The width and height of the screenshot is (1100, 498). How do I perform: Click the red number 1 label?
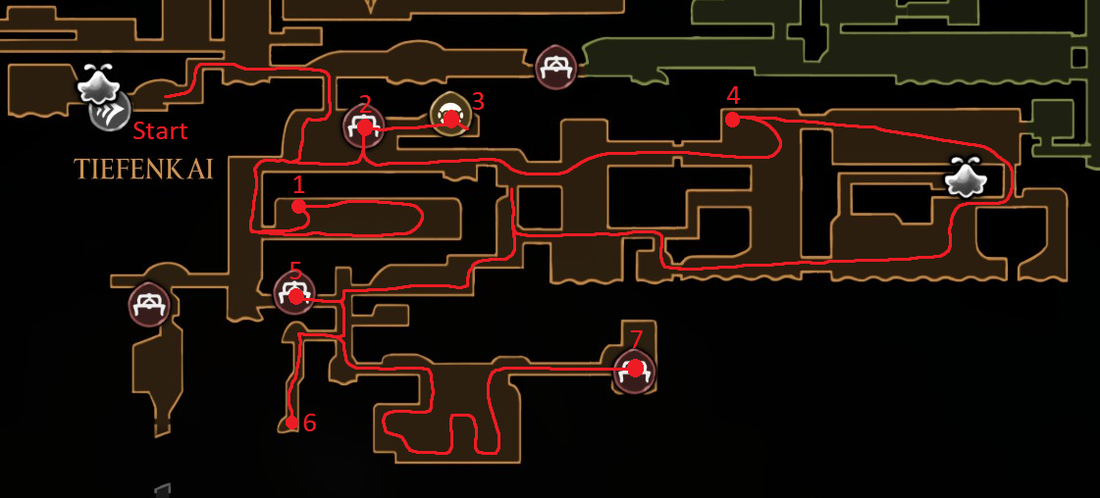point(299,185)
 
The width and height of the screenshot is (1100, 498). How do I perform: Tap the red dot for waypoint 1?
point(299,206)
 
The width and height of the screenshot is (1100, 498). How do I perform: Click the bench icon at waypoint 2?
point(364,127)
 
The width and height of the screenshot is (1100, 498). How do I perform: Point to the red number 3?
point(478,102)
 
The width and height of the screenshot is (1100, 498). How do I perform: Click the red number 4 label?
point(734,95)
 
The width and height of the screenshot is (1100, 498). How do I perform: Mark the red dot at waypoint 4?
point(732,120)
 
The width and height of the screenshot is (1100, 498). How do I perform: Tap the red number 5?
point(295,270)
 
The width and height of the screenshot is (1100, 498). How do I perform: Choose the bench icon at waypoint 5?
point(294,293)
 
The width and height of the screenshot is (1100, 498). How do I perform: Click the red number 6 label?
point(309,423)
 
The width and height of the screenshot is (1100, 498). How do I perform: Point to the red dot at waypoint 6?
point(291,423)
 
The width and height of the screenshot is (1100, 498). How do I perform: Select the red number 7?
point(636,339)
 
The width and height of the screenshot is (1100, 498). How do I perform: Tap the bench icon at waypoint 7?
point(634,372)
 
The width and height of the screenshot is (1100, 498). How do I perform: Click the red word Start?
point(161,131)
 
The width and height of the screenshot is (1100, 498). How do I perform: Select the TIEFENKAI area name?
point(143,169)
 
